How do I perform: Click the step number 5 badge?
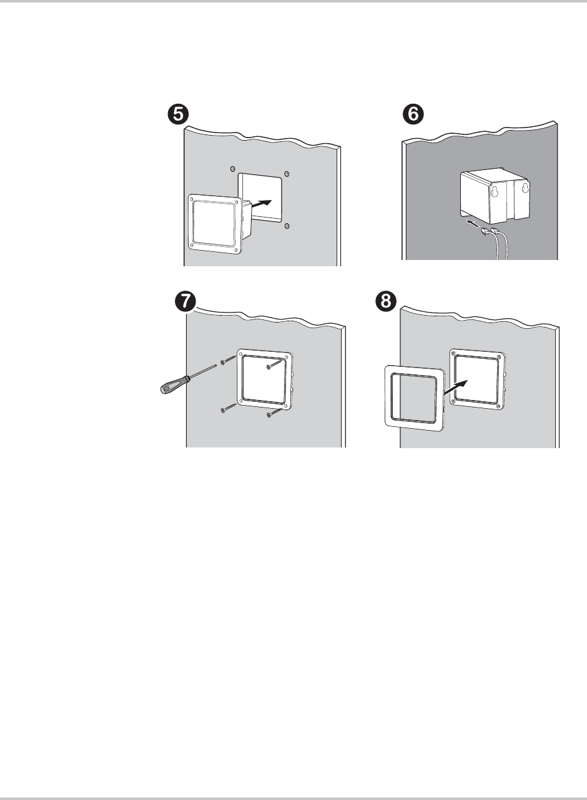click(x=178, y=114)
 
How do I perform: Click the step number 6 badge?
click(x=413, y=114)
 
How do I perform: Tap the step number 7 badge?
click(x=185, y=302)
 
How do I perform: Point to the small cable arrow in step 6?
click(x=473, y=224)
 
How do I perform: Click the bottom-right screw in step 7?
click(x=275, y=412)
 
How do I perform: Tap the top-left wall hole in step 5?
click(x=233, y=168)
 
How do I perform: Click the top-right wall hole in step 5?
click(x=286, y=174)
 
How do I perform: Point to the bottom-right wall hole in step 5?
click(x=287, y=226)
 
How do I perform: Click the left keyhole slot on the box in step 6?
click(x=495, y=191)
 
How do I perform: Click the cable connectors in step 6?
click(x=490, y=231)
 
